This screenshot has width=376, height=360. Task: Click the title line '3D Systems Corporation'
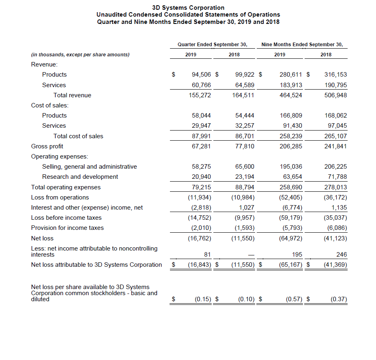click(188, 8)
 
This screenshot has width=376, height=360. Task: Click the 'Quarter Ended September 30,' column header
click(213, 44)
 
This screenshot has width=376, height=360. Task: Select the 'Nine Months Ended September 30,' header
click(302, 44)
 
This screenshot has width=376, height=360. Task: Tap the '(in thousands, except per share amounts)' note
click(80, 55)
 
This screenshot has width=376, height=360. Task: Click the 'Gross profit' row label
click(47, 146)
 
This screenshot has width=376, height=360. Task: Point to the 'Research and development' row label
click(80, 177)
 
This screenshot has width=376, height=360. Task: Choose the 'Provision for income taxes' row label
click(67, 228)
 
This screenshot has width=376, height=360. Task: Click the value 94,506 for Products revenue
click(201, 75)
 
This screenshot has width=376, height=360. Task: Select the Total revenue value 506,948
click(336, 95)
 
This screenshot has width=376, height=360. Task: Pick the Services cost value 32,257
click(245, 126)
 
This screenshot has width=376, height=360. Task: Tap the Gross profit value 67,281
click(201, 146)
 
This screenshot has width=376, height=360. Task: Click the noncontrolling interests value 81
click(207, 255)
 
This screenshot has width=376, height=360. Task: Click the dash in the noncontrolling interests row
click(251, 255)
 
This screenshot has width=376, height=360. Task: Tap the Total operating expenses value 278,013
click(336, 187)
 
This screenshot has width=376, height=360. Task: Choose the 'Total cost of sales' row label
click(78, 136)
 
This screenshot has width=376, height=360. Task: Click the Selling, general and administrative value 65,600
click(245, 167)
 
